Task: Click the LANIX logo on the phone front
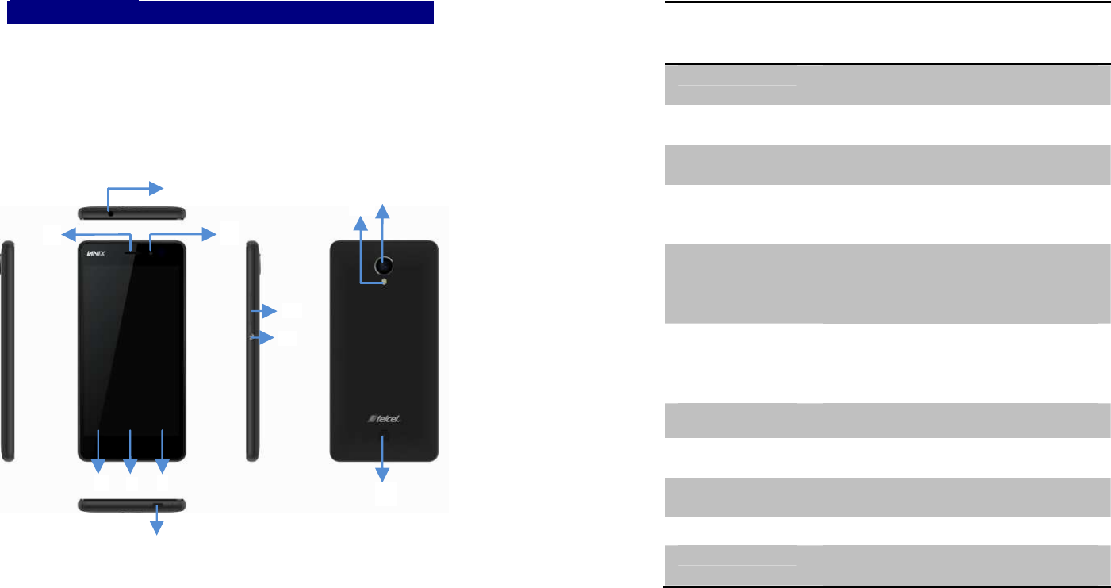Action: [x=98, y=255]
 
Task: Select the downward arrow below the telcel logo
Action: [x=384, y=460]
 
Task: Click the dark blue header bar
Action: [x=220, y=12]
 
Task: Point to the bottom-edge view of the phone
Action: [x=132, y=505]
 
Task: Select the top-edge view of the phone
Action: [x=132, y=213]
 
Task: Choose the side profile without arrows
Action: [x=7, y=349]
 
